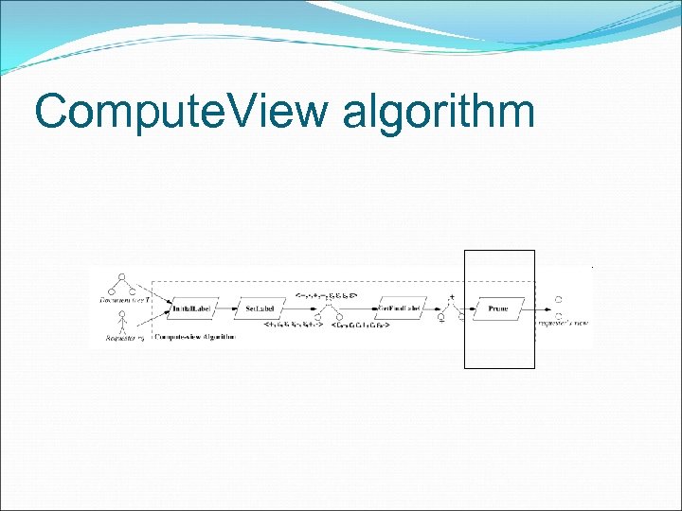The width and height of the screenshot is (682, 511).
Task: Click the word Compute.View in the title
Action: click(180, 113)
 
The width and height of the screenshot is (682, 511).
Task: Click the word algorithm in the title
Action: click(439, 113)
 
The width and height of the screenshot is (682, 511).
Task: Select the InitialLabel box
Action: click(193, 308)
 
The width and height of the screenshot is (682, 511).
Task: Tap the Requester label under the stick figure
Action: click(121, 337)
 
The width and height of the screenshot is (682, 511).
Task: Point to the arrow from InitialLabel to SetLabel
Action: click(227, 308)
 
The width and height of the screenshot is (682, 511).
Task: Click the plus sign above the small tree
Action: click(452, 297)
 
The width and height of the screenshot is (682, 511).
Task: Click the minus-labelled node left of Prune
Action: click(440, 319)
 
